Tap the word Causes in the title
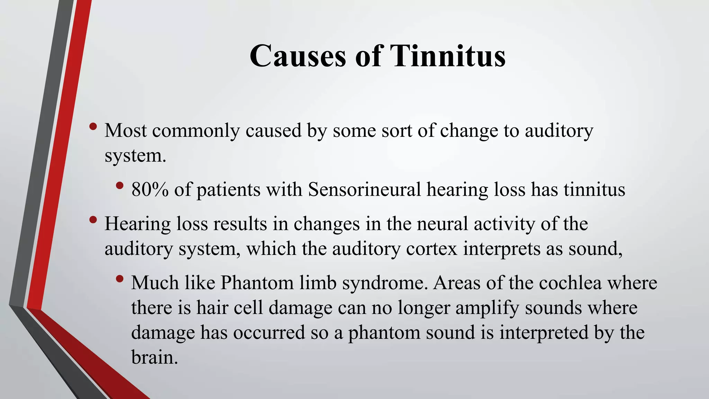pyautogui.click(x=297, y=56)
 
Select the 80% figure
pyautogui.click(x=150, y=189)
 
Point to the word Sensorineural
pyautogui.click(x=364, y=189)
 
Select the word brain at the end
pyautogui.click(x=154, y=357)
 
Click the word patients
pyautogui.click(x=228, y=190)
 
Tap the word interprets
pyautogui.click(x=502, y=249)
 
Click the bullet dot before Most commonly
pyautogui.click(x=93, y=127)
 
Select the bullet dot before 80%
pyautogui.click(x=120, y=186)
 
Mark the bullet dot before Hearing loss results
pyautogui.click(x=93, y=220)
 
